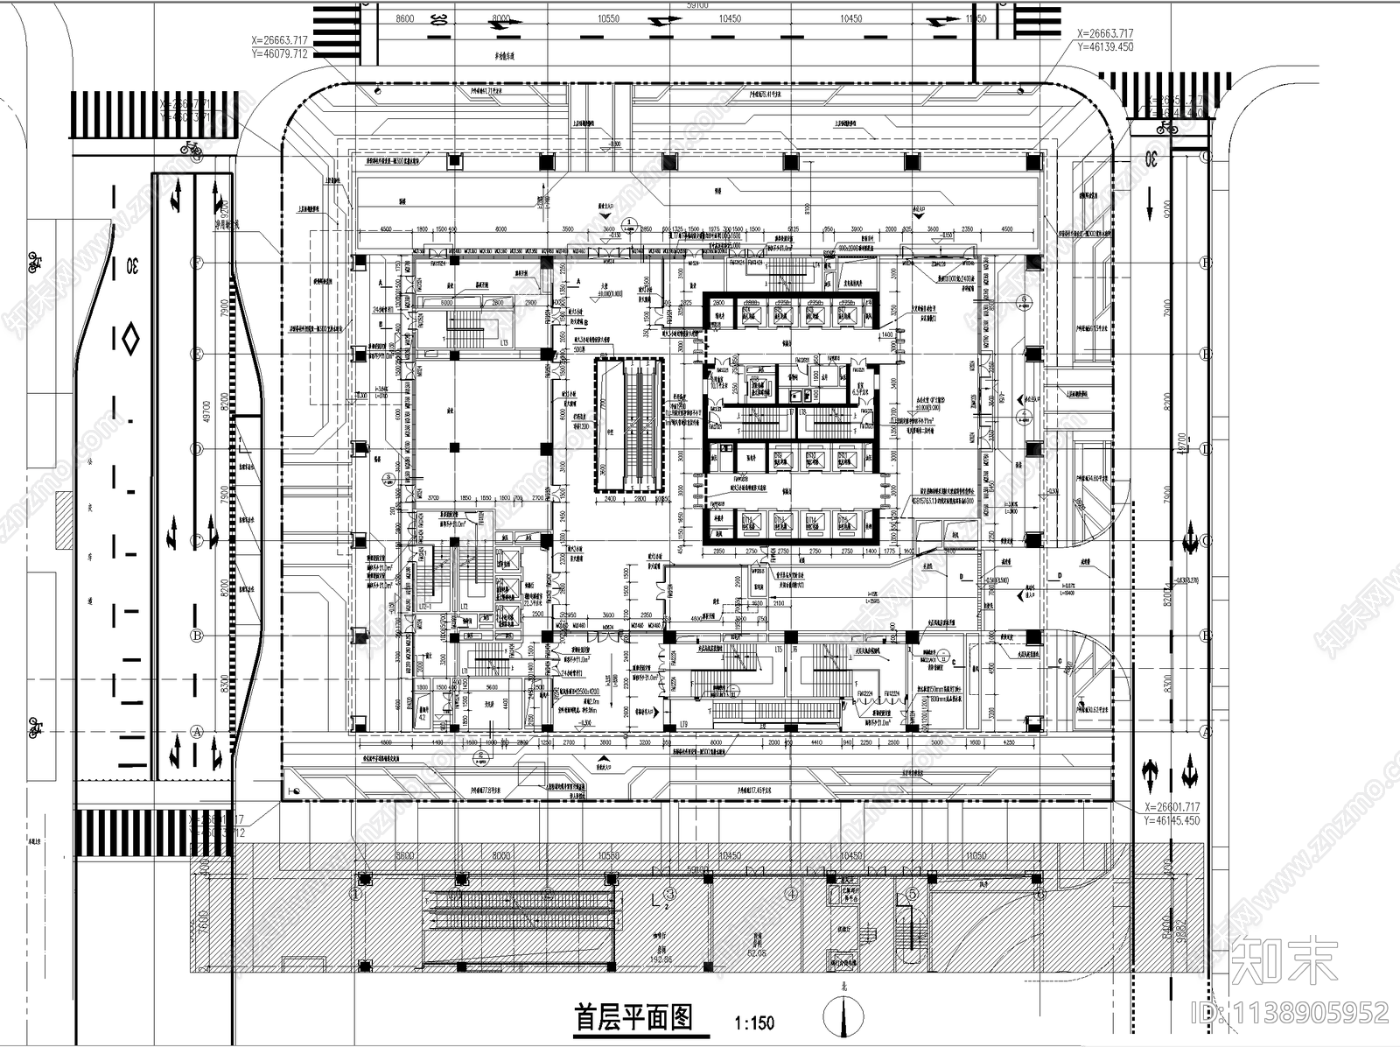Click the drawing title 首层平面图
(x=633, y=1017)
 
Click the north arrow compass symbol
(x=844, y=1015)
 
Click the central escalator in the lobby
(x=630, y=425)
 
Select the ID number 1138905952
(x=1295, y=1013)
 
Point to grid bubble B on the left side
(x=197, y=636)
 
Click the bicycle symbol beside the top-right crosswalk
(x=1165, y=128)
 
